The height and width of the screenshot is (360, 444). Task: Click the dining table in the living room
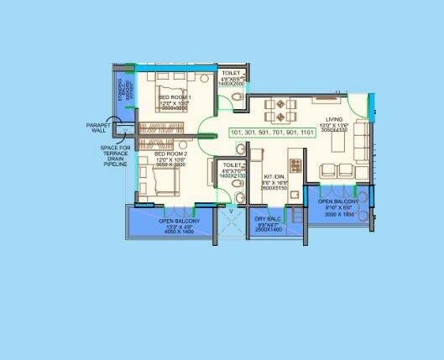coord(279,108)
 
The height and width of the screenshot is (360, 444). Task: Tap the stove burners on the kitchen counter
coord(294,161)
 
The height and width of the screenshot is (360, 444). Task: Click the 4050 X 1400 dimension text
coord(168,232)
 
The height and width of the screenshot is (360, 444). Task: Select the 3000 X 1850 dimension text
coord(337,214)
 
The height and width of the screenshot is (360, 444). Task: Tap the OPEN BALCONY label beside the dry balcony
coord(337,201)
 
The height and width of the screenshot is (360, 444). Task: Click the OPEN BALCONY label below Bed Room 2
coord(168,220)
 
